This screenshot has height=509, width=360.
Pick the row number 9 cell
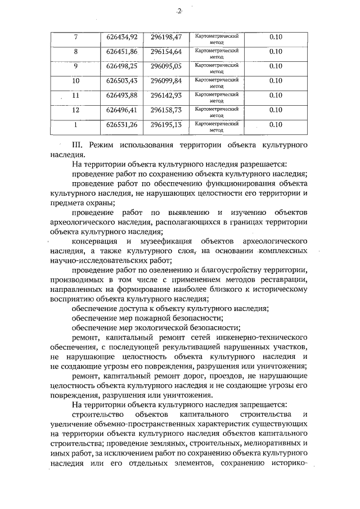click(76, 66)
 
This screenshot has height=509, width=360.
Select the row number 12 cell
click(76, 110)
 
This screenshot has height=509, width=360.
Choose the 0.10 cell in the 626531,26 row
click(276, 125)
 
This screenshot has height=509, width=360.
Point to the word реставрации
click(280, 280)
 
